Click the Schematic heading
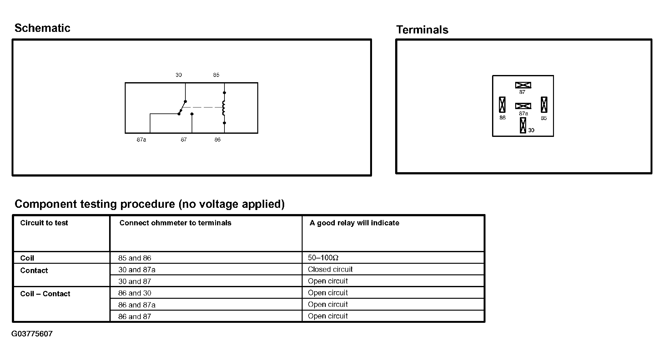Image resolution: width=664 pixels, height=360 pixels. click(x=42, y=28)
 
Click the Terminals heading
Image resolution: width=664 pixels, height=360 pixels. click(x=422, y=30)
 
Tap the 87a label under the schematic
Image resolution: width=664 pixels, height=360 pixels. click(x=141, y=140)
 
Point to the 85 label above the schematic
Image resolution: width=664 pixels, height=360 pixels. click(x=216, y=75)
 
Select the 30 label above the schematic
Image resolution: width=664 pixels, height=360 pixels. click(x=179, y=75)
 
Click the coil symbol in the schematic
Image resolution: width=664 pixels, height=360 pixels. click(x=224, y=108)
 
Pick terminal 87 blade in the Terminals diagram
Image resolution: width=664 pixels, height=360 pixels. click(x=523, y=85)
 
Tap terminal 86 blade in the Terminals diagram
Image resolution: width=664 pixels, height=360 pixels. click(x=502, y=105)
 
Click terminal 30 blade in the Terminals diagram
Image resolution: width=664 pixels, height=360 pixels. click(x=523, y=125)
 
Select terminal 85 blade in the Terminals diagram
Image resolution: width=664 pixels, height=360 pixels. click(x=544, y=105)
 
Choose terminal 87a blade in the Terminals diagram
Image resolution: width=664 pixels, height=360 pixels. click(x=523, y=106)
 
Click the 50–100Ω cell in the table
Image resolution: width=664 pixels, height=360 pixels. click(x=323, y=258)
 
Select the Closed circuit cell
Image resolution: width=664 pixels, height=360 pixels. click(x=330, y=269)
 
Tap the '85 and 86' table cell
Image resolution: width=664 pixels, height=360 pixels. click(x=135, y=258)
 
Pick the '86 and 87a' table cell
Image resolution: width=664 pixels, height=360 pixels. click(x=137, y=305)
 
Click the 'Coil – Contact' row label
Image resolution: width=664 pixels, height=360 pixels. click(x=45, y=294)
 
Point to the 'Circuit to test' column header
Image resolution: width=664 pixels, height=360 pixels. click(x=44, y=223)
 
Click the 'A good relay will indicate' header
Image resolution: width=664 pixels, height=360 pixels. click(x=354, y=223)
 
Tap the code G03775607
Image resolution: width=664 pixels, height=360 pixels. click(x=32, y=334)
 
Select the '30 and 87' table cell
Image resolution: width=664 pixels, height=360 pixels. click(x=135, y=282)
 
